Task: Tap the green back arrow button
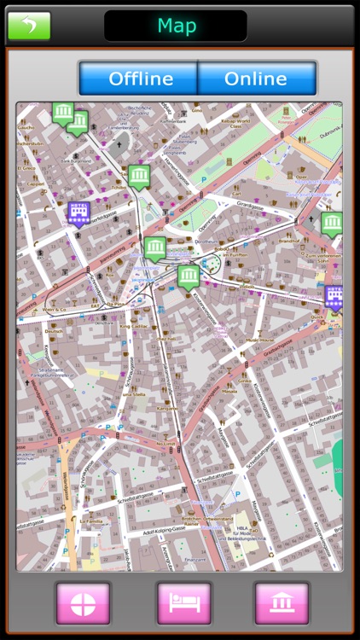tap(29, 26)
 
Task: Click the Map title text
tap(176, 26)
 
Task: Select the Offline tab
tap(140, 79)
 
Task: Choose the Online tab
tap(255, 79)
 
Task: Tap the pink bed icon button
tap(183, 604)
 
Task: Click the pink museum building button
tap(282, 604)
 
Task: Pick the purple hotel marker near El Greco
tap(78, 212)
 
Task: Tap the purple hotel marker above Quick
tap(335, 296)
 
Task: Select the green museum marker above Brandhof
tap(332, 224)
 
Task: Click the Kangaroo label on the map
tap(167, 408)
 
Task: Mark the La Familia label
tap(91, 520)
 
